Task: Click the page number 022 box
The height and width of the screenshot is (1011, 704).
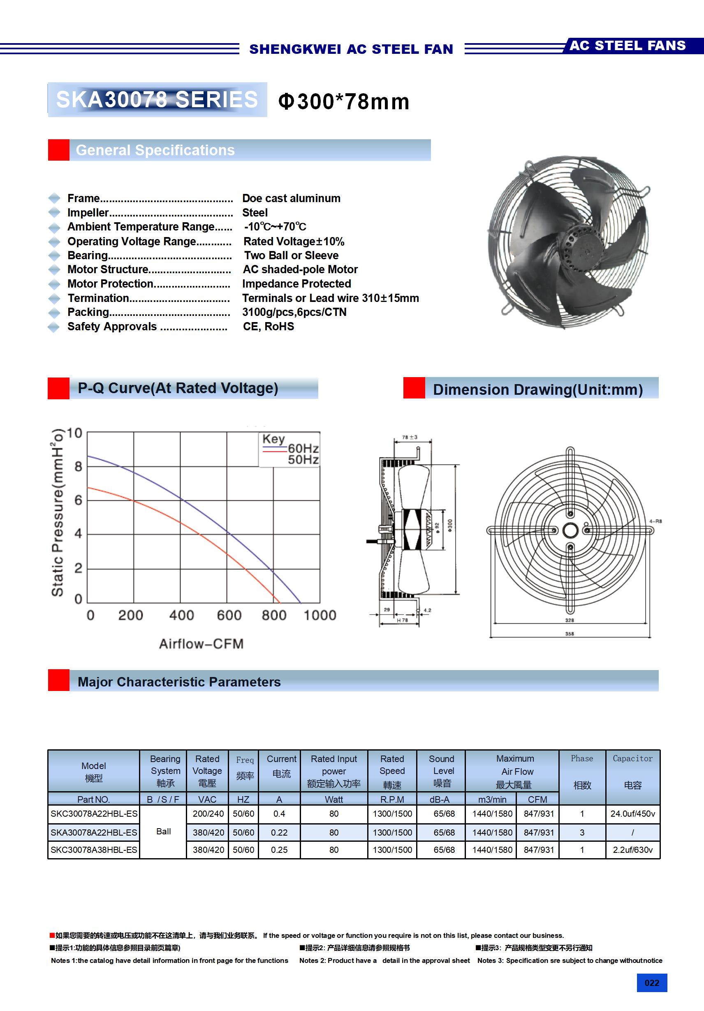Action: pyautogui.click(x=651, y=983)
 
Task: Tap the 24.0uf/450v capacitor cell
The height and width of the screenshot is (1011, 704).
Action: pyautogui.click(x=632, y=814)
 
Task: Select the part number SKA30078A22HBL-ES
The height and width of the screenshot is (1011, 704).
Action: pyautogui.click(x=94, y=833)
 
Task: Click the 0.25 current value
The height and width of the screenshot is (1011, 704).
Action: pyautogui.click(x=279, y=850)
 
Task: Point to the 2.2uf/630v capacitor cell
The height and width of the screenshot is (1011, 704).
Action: pyautogui.click(x=632, y=850)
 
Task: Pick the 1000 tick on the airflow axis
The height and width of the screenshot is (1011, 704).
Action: pyautogui.click(x=320, y=615)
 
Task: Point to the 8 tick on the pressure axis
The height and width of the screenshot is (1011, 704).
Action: pyautogui.click(x=79, y=466)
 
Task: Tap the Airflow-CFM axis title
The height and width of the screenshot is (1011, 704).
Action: pyautogui.click(x=201, y=644)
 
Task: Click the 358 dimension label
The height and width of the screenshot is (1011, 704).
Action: pyautogui.click(x=570, y=633)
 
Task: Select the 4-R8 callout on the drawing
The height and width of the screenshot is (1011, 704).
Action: pyautogui.click(x=655, y=521)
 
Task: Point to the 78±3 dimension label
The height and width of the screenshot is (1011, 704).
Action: pyautogui.click(x=410, y=437)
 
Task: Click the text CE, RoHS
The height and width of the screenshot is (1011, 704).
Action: pyautogui.click(x=269, y=326)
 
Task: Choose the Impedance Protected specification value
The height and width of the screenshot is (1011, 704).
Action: pyautogui.click(x=296, y=283)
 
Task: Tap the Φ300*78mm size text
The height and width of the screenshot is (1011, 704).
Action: pyautogui.click(x=344, y=102)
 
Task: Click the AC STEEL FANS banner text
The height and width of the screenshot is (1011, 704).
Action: pyautogui.click(x=627, y=46)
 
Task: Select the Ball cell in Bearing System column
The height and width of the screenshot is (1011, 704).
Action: pyautogui.click(x=163, y=831)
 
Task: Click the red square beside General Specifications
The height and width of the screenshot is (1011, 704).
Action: pyautogui.click(x=59, y=150)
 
